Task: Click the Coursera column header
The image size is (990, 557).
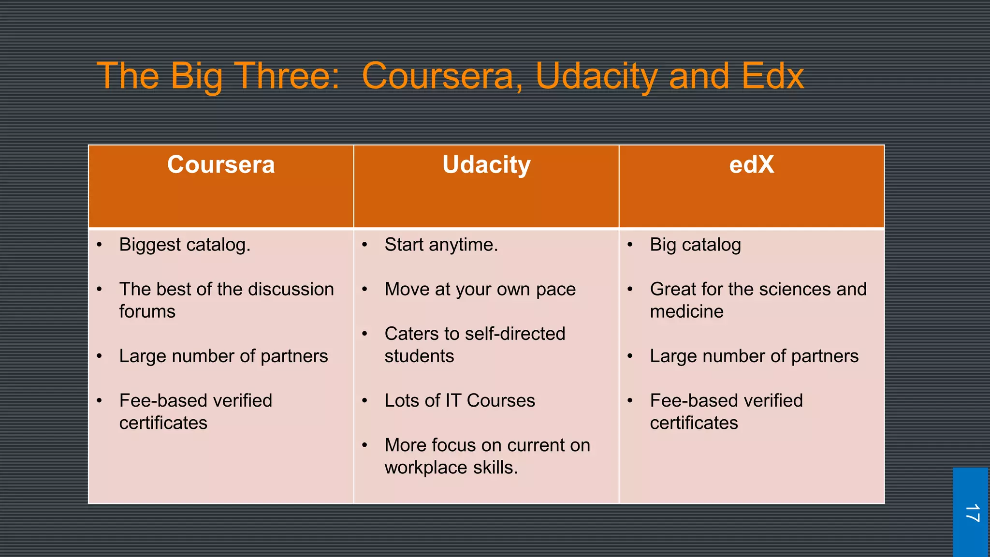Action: click(221, 165)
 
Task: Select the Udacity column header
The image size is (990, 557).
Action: click(486, 165)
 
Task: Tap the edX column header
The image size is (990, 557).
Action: click(751, 165)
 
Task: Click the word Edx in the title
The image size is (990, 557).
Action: click(772, 76)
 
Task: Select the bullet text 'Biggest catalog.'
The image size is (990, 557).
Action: click(185, 245)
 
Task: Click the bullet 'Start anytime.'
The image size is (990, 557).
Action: click(441, 245)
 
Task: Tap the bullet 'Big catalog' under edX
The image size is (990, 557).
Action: click(695, 245)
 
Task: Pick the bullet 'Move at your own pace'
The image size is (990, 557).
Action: click(480, 289)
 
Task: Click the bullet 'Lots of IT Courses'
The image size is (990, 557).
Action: click(460, 400)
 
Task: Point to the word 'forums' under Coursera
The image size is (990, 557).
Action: click(147, 311)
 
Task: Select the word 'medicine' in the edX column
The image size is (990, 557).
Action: click(686, 311)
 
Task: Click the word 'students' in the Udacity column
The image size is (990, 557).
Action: click(419, 356)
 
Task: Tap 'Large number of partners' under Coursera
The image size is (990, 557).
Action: click(223, 356)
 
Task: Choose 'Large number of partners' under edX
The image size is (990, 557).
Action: click(754, 356)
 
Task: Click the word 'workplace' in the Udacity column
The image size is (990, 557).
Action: click(426, 468)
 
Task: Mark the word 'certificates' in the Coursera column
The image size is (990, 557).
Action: click(163, 423)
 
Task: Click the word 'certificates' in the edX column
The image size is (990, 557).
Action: click(694, 423)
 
